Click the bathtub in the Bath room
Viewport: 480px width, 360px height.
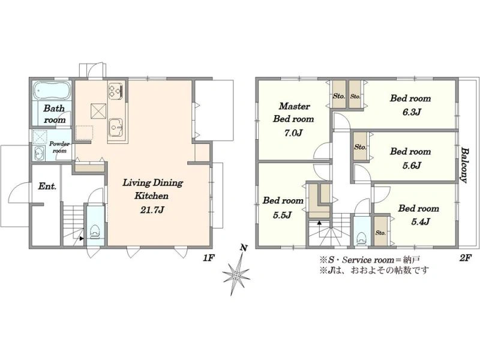tap(52, 91)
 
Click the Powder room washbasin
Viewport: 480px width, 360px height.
tap(38, 153)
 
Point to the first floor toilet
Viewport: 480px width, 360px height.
tap(95, 232)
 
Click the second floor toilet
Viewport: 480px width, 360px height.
tap(362, 238)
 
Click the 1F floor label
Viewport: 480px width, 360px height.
tap(208, 259)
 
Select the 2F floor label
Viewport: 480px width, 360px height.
tap(464, 259)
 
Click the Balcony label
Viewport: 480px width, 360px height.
tap(464, 166)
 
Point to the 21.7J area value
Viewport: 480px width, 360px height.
tap(152, 210)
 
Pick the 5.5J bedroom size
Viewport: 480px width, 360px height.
tap(282, 215)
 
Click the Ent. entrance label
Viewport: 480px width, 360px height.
tap(47, 186)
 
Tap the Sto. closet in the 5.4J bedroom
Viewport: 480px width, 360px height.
tap(380, 231)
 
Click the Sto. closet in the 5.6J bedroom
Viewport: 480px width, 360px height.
tap(361, 146)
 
